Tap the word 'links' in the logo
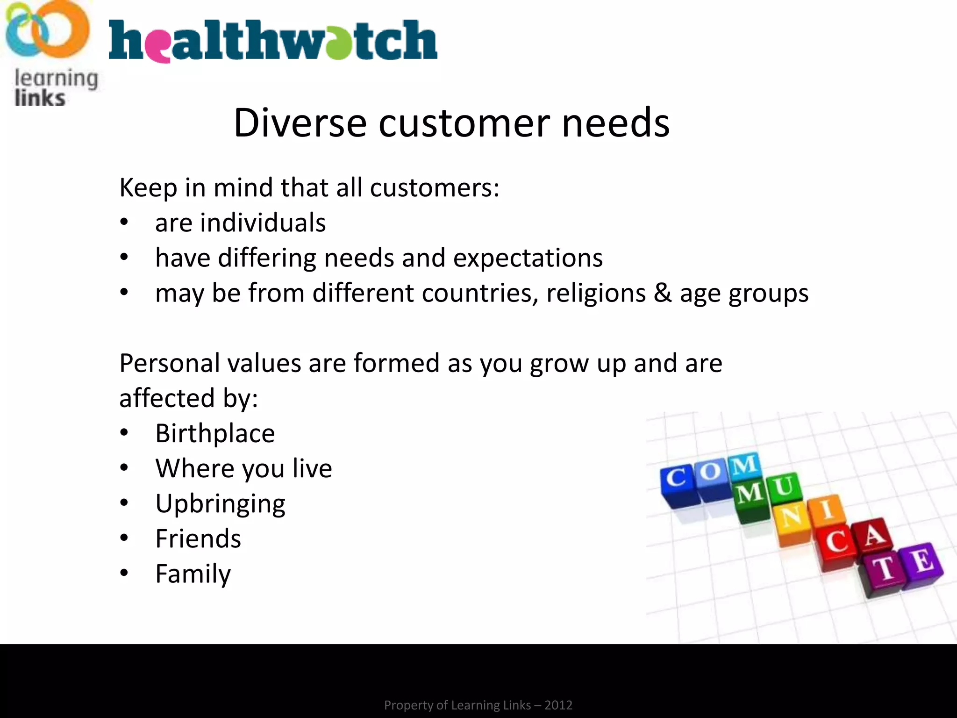pos(40,98)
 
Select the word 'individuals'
pos(263,223)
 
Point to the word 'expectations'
pos(528,258)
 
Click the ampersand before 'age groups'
pos(662,293)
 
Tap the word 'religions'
pos(596,293)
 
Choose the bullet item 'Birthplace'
pos(215,433)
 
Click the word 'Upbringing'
pos(220,504)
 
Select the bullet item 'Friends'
pos(198,538)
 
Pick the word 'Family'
pos(193,574)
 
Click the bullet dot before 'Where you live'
pos(124,468)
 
